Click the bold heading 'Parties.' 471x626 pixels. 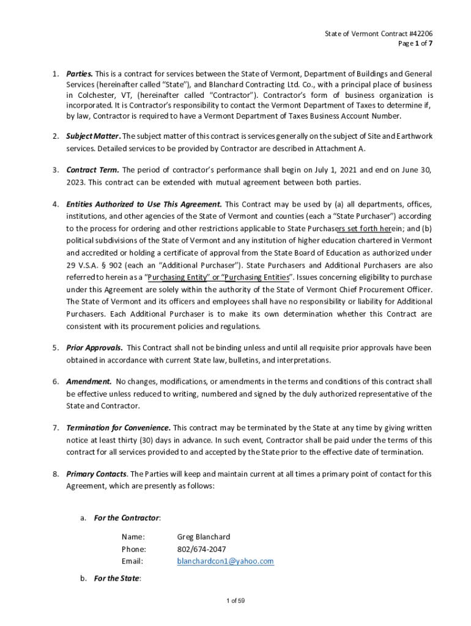pos(80,74)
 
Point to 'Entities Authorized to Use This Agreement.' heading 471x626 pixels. pos(144,204)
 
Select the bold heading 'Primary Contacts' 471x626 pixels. pos(97,474)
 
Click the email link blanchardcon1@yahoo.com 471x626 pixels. pos(225,561)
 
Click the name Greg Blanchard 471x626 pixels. pos(203,536)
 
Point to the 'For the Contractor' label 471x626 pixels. pos(127,518)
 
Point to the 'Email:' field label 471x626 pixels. pos(132,561)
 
